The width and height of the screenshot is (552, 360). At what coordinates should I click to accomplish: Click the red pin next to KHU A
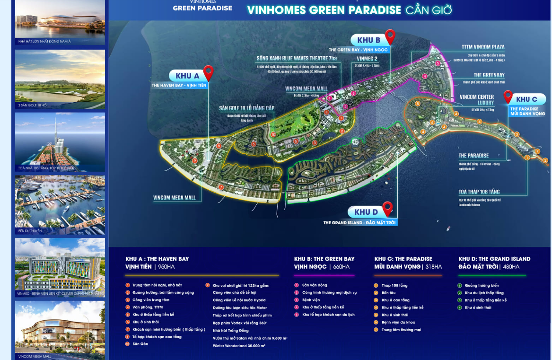[208, 73]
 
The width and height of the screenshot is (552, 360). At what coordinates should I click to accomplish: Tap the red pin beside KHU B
[390, 36]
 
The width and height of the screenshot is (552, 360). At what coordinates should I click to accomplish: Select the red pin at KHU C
[508, 97]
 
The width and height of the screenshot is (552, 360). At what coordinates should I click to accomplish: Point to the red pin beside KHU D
[387, 208]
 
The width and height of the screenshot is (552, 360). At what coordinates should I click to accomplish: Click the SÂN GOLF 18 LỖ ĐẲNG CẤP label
[246, 108]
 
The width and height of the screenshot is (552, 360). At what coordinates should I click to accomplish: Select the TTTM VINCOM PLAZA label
[483, 47]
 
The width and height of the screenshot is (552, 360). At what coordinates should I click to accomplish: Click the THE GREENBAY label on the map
[489, 75]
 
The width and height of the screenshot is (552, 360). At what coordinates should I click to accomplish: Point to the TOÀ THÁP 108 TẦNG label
[479, 192]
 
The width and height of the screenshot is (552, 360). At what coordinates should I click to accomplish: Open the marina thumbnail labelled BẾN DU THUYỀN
[60, 204]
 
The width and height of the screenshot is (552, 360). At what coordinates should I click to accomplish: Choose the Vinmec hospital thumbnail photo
[60, 267]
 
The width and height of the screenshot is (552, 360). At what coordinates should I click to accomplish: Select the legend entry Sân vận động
[315, 285]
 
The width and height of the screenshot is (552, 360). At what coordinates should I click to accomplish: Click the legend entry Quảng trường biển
[482, 285]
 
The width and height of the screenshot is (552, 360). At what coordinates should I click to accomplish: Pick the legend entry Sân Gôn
[140, 344]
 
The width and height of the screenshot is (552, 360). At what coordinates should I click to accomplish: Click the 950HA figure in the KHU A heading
[166, 267]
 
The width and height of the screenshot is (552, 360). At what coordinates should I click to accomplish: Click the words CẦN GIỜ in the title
[429, 10]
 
